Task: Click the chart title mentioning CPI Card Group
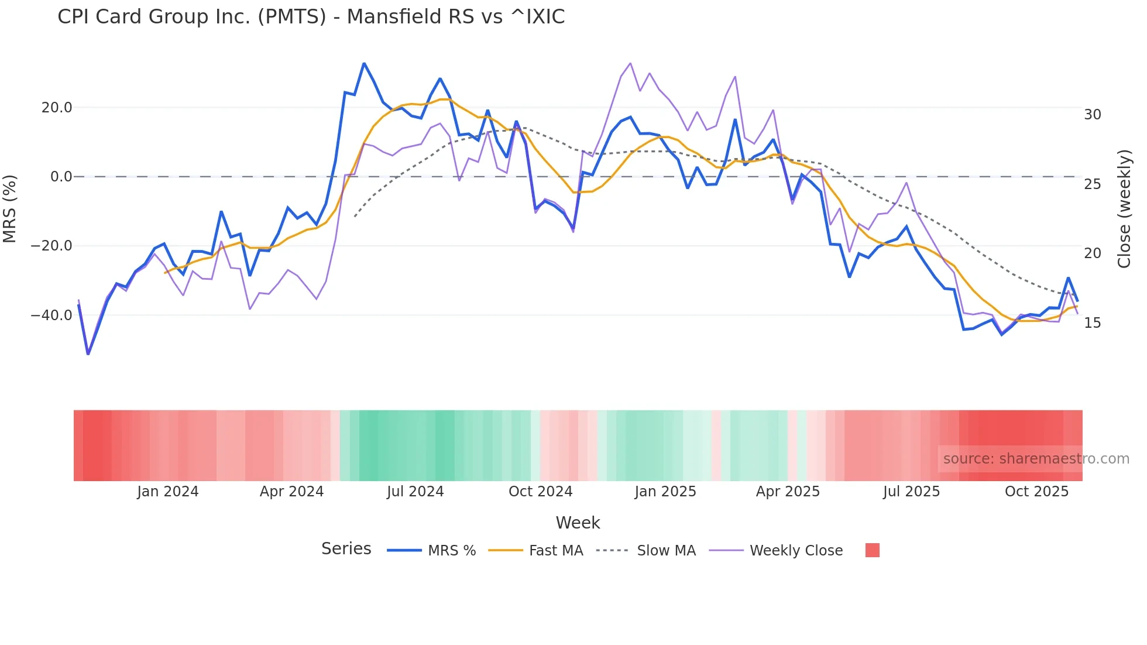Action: pos(311,17)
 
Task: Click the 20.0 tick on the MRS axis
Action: pos(56,108)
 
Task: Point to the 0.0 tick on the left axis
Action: pos(61,177)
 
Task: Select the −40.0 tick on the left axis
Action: pos(51,315)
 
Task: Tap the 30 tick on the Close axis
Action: pos(1092,115)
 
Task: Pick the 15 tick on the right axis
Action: pos(1092,323)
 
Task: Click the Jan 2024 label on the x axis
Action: pos(168,492)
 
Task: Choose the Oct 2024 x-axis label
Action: pos(540,492)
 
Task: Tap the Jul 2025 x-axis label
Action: pos(911,492)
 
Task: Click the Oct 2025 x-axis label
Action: pos(1036,492)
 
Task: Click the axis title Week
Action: pos(578,523)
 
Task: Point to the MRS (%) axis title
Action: pos(10,209)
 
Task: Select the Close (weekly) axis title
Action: pos(1124,209)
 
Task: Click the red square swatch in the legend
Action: pos(872,550)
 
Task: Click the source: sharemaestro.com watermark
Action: pos(1036,459)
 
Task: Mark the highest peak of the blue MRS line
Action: pos(364,63)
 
